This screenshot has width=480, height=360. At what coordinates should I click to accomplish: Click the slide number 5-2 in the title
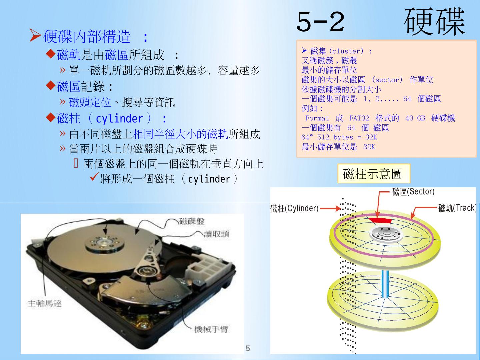pos(321,21)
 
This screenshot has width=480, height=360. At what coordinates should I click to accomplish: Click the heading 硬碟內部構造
pos(87,36)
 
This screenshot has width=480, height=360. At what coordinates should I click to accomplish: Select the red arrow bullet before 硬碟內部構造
pos(35,35)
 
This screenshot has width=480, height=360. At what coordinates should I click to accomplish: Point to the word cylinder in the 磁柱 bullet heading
pos(119,119)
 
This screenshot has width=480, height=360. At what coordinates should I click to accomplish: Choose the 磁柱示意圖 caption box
pos(374,174)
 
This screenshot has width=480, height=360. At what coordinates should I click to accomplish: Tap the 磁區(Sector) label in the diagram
pos(413,192)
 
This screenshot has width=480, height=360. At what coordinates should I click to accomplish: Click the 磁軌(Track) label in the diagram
pos(457,208)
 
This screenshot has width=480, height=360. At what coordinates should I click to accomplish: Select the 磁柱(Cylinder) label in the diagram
pos(294,208)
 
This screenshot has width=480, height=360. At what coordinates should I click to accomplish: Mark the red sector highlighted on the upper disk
pos(380,220)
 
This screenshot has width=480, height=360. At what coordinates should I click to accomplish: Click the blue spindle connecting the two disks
pos(385,284)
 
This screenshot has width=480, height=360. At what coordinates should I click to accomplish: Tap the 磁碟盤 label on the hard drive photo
pos(192,221)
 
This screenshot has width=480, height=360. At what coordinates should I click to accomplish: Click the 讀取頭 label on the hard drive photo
pos(216,234)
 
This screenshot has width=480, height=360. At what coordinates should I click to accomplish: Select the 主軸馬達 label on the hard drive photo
pos(45,304)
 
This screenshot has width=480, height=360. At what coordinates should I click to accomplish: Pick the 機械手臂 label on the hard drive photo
pos(211,329)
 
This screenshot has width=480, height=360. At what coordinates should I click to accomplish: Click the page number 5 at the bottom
pos(248,348)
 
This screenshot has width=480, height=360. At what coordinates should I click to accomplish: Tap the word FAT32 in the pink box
pos(359,118)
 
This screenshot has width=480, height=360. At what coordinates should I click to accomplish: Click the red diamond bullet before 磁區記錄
pos(51,85)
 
